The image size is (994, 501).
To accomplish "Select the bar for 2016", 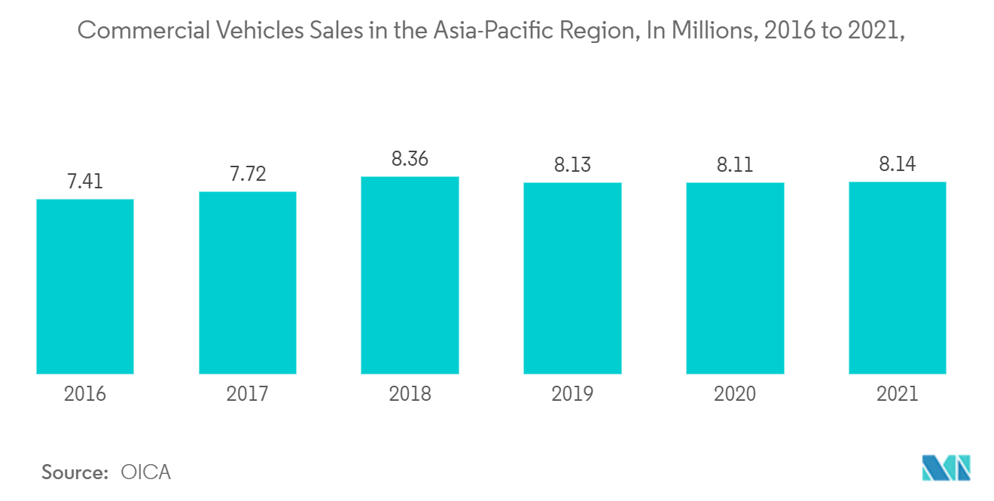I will [x=85, y=286].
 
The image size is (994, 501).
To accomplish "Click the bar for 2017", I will [x=248, y=283].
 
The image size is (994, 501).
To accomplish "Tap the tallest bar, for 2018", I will [x=410, y=275].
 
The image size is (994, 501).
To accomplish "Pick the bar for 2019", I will [x=572, y=278].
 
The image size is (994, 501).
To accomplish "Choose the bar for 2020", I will [x=735, y=278].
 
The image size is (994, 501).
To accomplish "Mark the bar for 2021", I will [x=897, y=278].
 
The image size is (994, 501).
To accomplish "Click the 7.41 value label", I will [x=85, y=182].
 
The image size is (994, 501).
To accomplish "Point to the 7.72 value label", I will [x=248, y=174].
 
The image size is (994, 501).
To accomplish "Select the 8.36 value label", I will [x=410, y=159].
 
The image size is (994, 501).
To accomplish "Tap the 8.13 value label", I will [x=572, y=165].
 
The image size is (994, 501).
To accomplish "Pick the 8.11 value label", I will [x=735, y=165].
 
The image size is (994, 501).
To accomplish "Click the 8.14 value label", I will [x=897, y=164].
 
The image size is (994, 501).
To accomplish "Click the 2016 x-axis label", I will [x=85, y=394].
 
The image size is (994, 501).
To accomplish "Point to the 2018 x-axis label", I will [x=410, y=394].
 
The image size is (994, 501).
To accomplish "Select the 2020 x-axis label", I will [x=735, y=394].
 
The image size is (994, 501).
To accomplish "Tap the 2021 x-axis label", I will [x=897, y=394].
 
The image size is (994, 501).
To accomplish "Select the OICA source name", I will [x=146, y=473].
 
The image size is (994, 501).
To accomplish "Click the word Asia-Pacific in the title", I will [x=476, y=31].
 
